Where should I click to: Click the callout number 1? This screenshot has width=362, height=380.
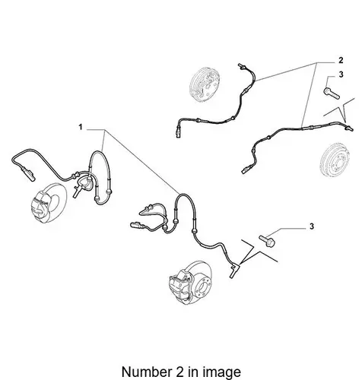[81, 127]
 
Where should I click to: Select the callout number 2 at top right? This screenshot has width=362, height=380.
[341, 60]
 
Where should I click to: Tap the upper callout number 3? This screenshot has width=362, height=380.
[341, 74]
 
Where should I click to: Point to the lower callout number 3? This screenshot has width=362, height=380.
[312, 226]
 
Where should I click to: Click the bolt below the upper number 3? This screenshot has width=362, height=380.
[332, 93]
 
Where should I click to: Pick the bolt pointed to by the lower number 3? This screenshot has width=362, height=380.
[267, 241]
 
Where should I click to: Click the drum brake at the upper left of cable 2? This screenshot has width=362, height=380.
[205, 84]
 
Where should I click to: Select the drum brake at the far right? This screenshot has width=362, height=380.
[335, 160]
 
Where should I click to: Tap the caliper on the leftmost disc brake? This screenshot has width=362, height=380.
[40, 207]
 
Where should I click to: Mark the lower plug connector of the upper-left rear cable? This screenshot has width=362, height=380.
[178, 133]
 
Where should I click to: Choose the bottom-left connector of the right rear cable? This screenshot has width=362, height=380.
[245, 169]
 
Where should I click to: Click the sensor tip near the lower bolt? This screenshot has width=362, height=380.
[233, 271]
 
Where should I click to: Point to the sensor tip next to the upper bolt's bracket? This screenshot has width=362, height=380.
[349, 128]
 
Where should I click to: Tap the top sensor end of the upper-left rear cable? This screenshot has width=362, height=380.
[241, 66]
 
